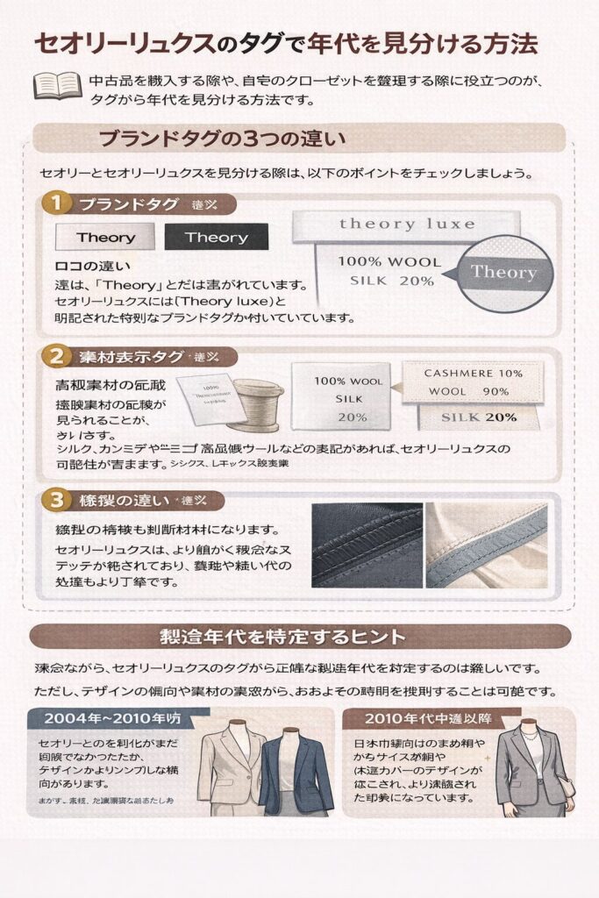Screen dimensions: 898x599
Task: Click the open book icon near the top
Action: (56, 85)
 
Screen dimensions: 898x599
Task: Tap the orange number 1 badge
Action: (55, 204)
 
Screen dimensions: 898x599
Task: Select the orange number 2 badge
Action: (55, 356)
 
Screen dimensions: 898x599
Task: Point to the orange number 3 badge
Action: (55, 501)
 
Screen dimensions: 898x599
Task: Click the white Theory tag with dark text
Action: (105, 238)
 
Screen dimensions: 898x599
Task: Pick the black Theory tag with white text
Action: (216, 238)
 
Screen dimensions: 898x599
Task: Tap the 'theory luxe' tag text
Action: (407, 224)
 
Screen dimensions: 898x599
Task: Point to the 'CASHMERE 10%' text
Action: (473, 374)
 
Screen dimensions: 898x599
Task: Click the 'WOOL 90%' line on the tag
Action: (471, 390)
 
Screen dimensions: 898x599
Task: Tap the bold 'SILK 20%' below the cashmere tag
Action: (479, 417)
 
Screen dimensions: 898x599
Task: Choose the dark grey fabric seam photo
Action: (367, 545)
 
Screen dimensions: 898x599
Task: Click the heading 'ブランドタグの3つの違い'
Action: (223, 139)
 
